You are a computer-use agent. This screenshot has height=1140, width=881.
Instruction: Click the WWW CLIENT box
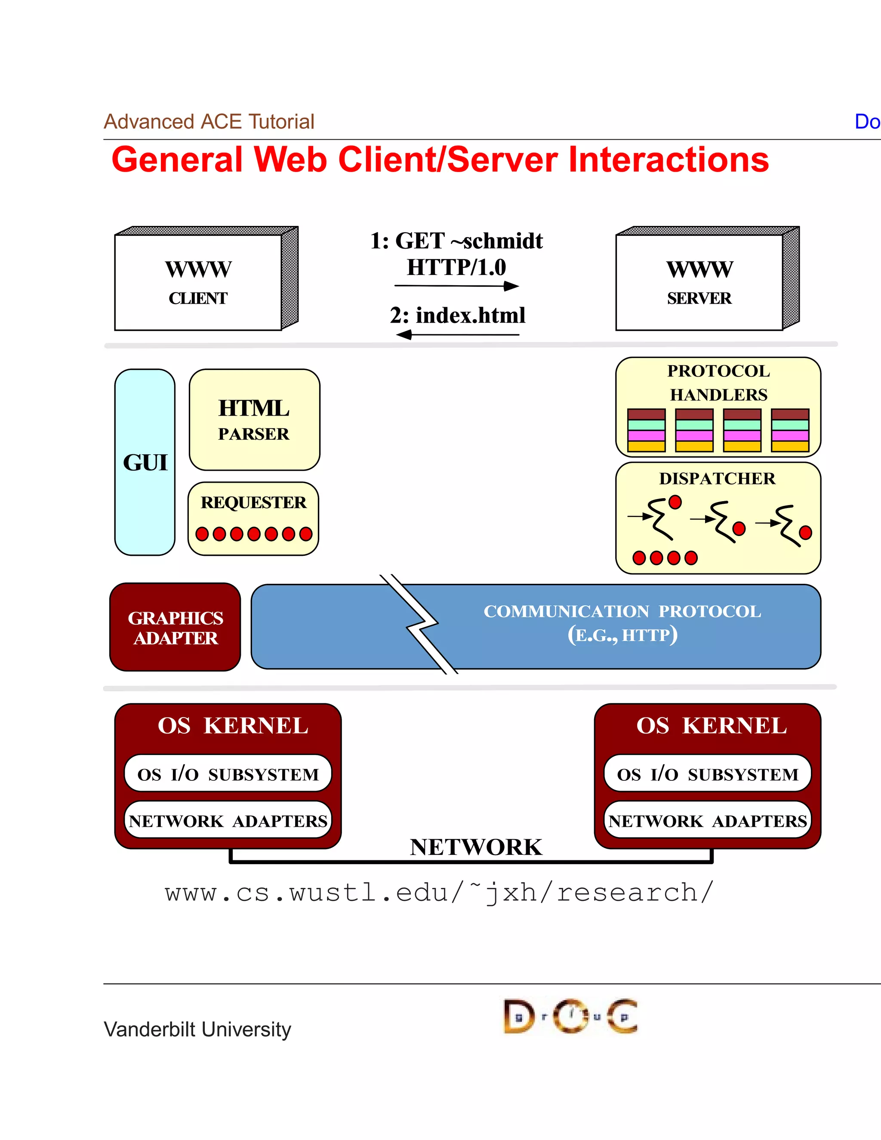[x=198, y=282]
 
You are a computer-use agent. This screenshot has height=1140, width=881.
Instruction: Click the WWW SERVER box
[x=699, y=282]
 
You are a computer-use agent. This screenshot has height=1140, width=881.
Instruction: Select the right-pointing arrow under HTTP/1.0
[x=457, y=286]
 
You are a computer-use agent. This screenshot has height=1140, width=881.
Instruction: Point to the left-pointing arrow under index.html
[x=457, y=334]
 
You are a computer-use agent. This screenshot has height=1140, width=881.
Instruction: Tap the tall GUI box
[x=145, y=462]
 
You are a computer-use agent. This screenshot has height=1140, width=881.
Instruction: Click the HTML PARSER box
[x=254, y=420]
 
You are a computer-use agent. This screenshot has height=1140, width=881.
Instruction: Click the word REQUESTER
[x=254, y=502]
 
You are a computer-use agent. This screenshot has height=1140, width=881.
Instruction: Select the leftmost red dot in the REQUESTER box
[x=202, y=534]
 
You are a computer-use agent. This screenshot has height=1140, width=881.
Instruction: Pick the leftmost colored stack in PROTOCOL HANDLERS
[x=646, y=430]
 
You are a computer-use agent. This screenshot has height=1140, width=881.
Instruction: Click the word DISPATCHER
[x=717, y=478]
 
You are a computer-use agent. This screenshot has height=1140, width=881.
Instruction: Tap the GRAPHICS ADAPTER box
[x=176, y=627]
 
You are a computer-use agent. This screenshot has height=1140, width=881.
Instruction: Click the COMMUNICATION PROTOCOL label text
[x=622, y=611]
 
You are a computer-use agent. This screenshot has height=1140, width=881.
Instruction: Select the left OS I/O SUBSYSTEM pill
[x=228, y=773]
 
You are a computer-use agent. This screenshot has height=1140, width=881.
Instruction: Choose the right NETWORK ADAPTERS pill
[x=708, y=820]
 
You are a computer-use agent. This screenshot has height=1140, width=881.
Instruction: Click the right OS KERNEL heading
[x=712, y=726]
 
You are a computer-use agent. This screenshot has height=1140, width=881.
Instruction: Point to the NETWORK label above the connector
[x=476, y=847]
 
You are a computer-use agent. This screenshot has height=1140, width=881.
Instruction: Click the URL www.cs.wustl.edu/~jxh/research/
[x=438, y=893]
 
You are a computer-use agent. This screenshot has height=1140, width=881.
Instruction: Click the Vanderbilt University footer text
[x=197, y=1029]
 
